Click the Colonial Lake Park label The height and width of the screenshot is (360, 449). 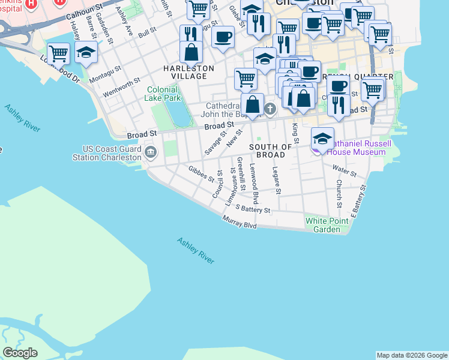(x=163, y=94)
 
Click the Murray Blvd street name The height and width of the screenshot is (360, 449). (x=240, y=224)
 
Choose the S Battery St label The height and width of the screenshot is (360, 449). (x=253, y=209)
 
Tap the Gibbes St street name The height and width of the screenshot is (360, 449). (x=200, y=173)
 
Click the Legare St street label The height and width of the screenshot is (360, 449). (x=276, y=180)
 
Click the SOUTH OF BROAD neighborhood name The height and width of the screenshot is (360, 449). (x=270, y=151)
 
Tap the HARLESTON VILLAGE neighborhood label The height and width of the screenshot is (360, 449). (x=188, y=73)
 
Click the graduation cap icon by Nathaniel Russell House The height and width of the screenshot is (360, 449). (x=322, y=139)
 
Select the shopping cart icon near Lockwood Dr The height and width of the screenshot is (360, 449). (x=58, y=53)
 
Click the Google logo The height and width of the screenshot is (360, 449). (x=20, y=352)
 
